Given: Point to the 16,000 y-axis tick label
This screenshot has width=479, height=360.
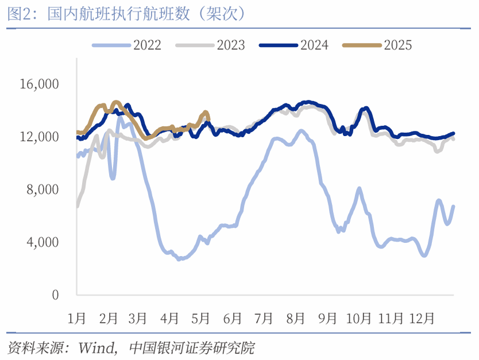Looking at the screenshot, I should (39, 84).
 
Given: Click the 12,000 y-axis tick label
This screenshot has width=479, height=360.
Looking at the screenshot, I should (39, 137).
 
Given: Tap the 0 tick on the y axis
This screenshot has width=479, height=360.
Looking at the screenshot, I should (55, 295).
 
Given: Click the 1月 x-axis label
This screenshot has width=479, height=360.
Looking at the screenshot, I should (77, 318).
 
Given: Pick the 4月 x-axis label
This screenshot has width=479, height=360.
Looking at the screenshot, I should (170, 318).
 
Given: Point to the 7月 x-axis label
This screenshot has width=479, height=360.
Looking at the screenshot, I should (265, 318).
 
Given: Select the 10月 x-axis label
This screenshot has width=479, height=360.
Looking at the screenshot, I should (360, 318).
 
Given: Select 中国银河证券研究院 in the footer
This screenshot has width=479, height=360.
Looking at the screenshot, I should (192, 348).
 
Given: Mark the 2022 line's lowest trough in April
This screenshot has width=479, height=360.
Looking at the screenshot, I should (179, 259).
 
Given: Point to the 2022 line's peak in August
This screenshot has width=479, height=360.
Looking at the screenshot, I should (300, 131).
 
